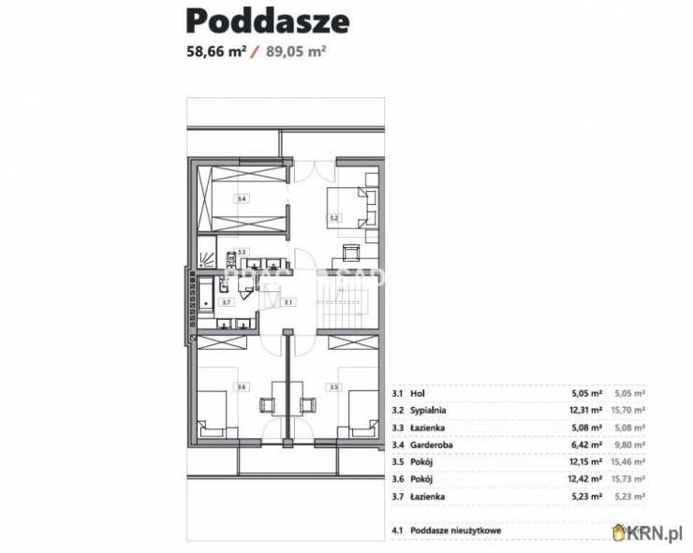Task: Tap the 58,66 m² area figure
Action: point(215,52)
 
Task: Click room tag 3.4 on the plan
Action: point(241,199)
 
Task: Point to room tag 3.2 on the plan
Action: point(332,217)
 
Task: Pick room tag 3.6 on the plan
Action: point(241,386)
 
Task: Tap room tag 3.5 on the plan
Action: point(332,386)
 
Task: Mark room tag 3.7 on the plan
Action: point(226,302)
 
